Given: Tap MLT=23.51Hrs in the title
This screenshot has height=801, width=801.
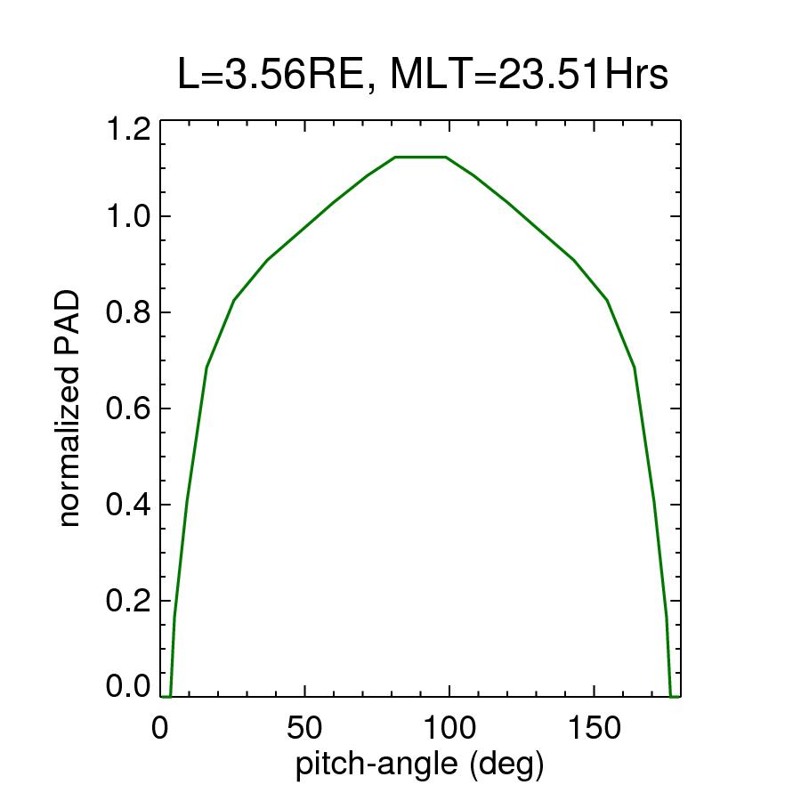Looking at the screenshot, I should [x=529, y=77].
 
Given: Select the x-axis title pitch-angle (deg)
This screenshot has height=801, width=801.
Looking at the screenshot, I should [x=419, y=765].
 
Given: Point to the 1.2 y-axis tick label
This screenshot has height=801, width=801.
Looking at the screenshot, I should [x=126, y=131].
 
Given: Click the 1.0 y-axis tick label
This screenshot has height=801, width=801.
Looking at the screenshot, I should [x=126, y=216].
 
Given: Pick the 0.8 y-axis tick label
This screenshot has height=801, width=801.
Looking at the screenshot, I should [x=126, y=312].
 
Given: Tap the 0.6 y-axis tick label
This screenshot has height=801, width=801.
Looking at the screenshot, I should [x=126, y=409].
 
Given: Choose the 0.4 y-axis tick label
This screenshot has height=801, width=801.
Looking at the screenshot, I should [x=126, y=505].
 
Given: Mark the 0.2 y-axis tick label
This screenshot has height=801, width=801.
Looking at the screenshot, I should [x=126, y=601].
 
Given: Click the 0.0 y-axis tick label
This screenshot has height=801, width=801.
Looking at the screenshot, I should [x=126, y=686].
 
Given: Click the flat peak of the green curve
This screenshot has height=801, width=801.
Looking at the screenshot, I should [x=420, y=158].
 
